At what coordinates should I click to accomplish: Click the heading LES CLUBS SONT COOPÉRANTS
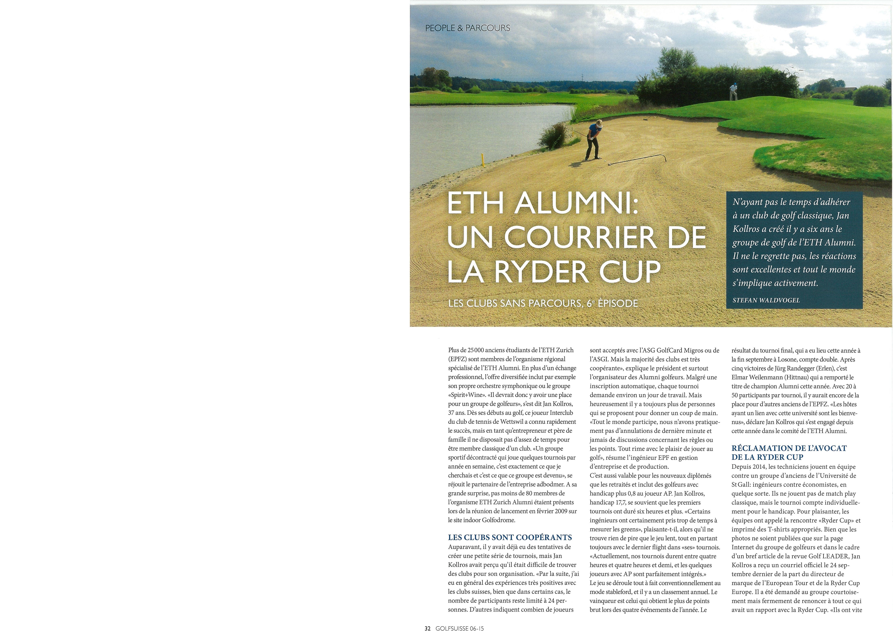click(x=510, y=537)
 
